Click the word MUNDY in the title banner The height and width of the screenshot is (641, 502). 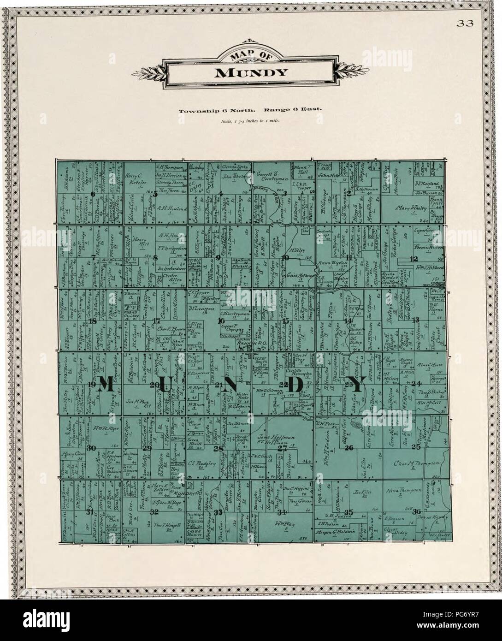pos(250,72)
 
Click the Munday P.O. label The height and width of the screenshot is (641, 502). pos(191,493)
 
